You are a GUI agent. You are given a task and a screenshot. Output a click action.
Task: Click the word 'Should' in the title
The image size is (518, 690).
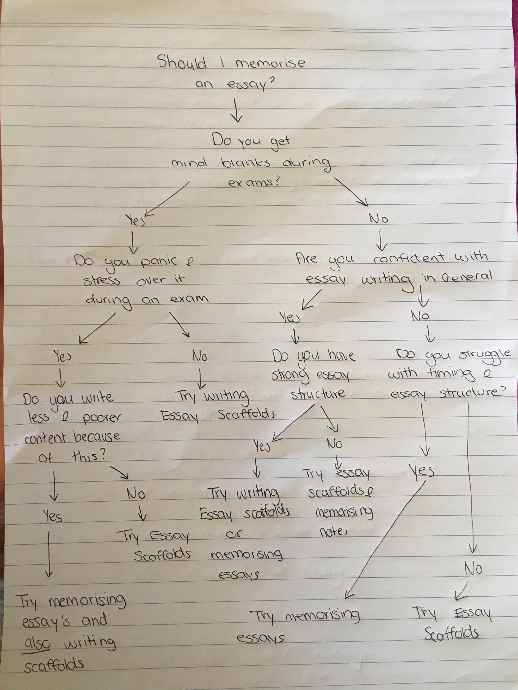(182, 62)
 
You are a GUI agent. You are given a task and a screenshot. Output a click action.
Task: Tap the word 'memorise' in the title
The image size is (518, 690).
(270, 63)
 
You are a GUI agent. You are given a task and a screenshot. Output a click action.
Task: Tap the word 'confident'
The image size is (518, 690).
(409, 258)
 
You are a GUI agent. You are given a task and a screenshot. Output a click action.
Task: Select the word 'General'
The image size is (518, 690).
(467, 277)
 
